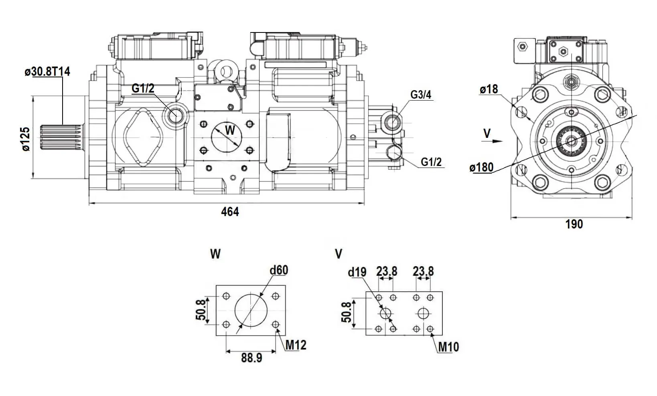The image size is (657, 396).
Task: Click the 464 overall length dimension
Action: (230, 212)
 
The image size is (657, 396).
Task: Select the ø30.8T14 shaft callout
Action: (47, 72)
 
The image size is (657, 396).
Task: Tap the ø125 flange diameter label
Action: (26, 139)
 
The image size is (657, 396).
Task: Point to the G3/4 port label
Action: (421, 95)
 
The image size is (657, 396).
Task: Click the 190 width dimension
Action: (574, 224)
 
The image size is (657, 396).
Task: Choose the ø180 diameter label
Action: (481, 167)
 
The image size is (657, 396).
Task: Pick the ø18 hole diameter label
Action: (489, 89)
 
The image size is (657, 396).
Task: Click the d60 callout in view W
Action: (279, 270)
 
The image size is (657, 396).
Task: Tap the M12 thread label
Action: (296, 345)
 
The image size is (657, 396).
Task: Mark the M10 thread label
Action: (448, 347)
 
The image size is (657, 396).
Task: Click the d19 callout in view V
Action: (357, 272)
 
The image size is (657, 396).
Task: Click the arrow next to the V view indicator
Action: (497, 141)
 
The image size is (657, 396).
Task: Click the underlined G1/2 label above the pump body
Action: (143, 88)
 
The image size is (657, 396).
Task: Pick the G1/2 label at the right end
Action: (431, 162)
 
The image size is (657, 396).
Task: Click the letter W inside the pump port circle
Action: (229, 130)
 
